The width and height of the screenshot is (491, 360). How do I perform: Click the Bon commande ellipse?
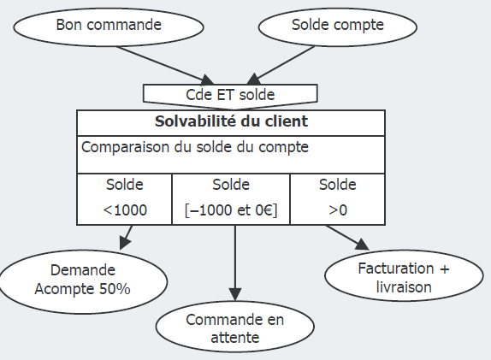109,26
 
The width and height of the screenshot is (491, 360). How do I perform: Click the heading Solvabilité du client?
231,121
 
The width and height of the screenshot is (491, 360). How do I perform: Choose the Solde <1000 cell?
125,198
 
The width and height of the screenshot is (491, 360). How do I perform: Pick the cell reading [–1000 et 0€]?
231,198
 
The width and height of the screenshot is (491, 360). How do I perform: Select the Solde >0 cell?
337,198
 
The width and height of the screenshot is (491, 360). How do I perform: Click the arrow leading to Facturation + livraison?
346,240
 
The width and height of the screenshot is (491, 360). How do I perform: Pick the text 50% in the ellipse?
114,289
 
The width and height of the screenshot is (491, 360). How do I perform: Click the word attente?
234,339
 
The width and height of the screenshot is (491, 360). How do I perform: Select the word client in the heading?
287,121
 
